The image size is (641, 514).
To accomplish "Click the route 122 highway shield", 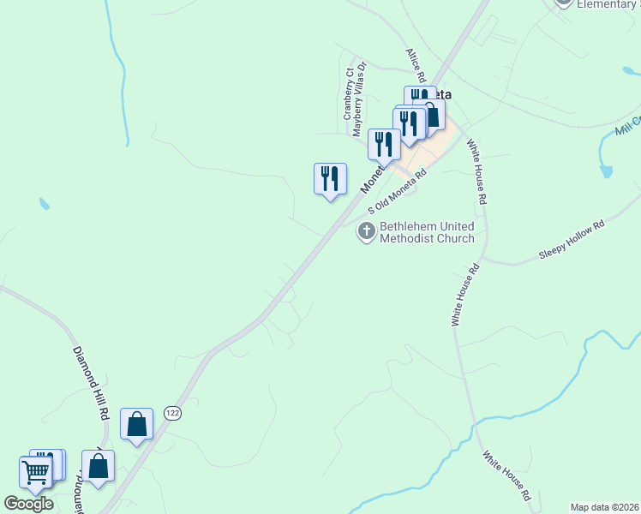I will tap(173, 412).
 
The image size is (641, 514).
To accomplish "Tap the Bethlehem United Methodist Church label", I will tap(427, 232).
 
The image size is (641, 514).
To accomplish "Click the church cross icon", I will tap(367, 230).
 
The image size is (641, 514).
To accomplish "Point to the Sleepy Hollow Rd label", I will tap(572, 240).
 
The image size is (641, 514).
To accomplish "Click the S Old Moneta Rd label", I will tap(398, 192).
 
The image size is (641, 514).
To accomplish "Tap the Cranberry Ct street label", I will tap(349, 94).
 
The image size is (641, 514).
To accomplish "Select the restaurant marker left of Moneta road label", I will tap(330, 179).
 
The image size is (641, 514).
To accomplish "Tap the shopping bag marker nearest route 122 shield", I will tap(136, 424).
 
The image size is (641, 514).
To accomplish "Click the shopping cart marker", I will tap(35, 471).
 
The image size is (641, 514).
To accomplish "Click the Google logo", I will tap(28, 504).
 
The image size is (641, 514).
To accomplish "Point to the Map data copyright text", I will tap(604, 507).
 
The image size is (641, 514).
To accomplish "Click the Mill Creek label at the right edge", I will tap(628, 126).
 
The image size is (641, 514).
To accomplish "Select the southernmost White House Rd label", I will tap(506, 476).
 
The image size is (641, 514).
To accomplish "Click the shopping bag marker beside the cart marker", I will tap(98, 466).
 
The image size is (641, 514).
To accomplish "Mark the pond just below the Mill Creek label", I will tap(607, 170).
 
